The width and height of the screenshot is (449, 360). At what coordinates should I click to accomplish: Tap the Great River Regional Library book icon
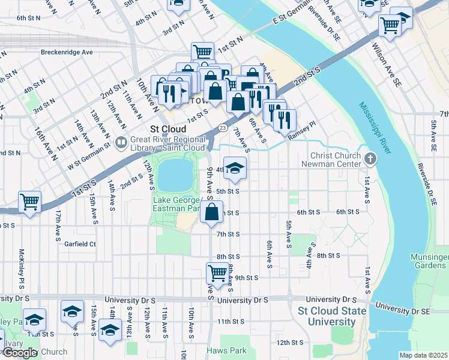tap(121, 142)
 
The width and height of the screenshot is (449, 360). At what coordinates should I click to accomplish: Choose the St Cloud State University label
tap(332, 316)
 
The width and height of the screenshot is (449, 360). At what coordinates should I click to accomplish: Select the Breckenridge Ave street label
tap(67, 52)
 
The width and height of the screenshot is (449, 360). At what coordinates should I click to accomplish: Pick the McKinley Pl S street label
tap(21, 263)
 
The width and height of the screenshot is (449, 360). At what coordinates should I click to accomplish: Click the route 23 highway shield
tap(223, 127)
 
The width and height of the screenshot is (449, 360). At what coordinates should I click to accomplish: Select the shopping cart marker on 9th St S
tap(218, 272)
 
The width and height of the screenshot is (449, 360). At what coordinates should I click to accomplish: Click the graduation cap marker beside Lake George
tap(235, 167)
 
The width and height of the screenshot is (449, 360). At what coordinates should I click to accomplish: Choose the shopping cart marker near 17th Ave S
tap(29, 202)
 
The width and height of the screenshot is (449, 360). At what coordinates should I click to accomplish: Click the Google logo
tap(20, 353)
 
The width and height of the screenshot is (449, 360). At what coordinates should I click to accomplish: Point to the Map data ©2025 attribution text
tap(423, 355)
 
